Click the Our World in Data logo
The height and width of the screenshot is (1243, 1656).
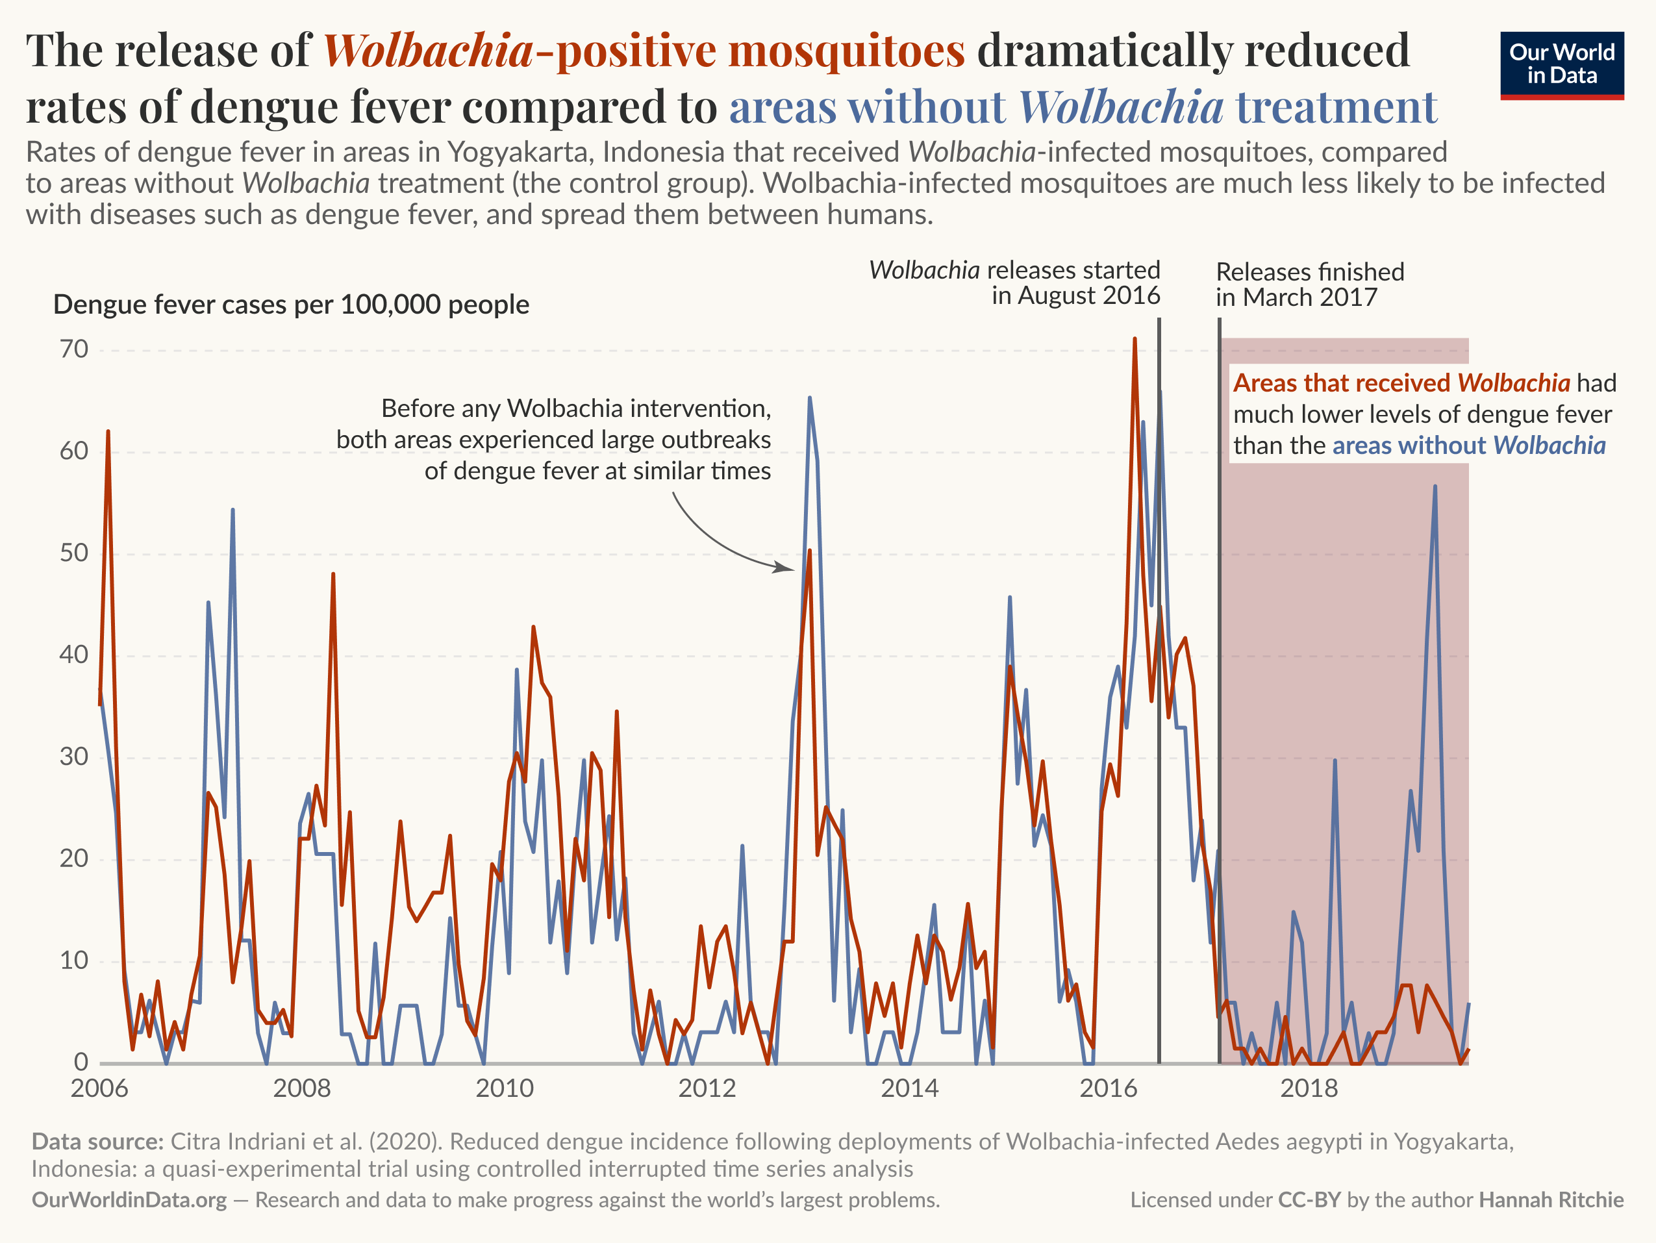click(x=1562, y=65)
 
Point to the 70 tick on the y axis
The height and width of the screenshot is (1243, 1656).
click(x=74, y=349)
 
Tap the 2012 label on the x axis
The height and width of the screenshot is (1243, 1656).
click(x=707, y=1087)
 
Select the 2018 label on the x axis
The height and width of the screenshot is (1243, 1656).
click(x=1309, y=1087)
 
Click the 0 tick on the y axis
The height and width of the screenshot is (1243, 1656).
click(x=81, y=1062)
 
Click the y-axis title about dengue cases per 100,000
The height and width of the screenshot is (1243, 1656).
click(x=291, y=305)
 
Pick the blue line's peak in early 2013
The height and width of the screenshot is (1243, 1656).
click(x=809, y=398)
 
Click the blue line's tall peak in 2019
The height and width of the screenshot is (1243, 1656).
click(x=1435, y=486)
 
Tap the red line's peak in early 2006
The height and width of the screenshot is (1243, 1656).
click(x=108, y=432)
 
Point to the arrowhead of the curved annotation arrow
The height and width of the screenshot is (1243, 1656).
click(x=792, y=568)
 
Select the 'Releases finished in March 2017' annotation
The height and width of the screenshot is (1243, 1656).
click(x=1309, y=284)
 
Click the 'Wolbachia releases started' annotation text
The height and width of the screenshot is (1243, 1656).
click(x=1014, y=283)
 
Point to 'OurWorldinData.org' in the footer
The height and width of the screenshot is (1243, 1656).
click(x=129, y=1199)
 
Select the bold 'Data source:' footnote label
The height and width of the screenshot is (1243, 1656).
click(x=97, y=1141)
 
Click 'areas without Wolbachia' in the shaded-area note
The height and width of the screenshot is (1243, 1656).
click(x=1468, y=446)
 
